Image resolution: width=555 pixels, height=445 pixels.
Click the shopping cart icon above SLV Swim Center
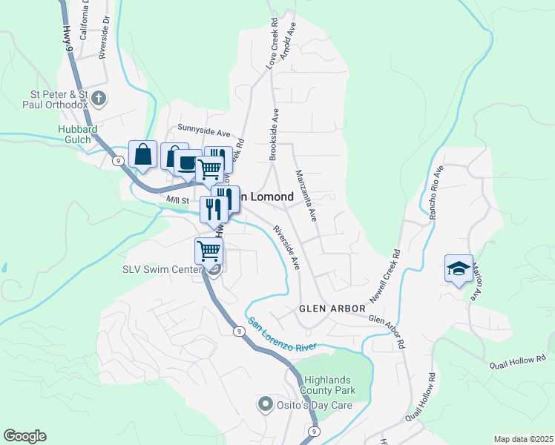209,251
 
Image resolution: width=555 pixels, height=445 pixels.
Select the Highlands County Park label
327,385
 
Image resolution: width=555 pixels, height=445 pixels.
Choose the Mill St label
178,200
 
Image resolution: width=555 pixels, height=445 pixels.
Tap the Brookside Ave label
274,134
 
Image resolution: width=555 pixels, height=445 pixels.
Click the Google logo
24,436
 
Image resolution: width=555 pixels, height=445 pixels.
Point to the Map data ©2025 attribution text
522,439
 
